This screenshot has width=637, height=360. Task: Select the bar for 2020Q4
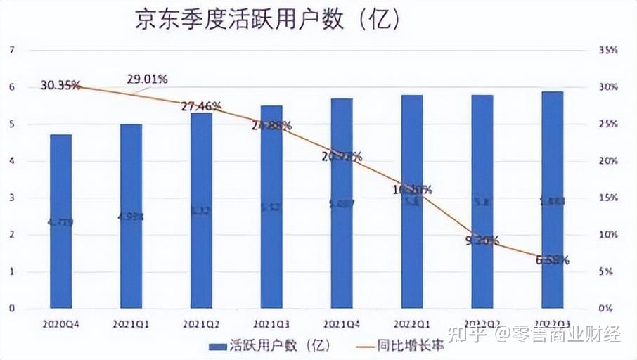click(x=61, y=221)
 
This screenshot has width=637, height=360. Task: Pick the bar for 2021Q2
click(x=201, y=211)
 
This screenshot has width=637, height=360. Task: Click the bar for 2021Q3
click(x=271, y=207)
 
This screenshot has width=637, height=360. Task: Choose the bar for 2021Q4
click(x=342, y=204)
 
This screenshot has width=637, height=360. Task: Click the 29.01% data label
click(x=147, y=79)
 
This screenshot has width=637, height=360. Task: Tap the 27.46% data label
click(x=201, y=106)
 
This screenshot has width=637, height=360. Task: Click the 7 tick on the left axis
click(x=11, y=51)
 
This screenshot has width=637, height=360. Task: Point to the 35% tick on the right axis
click(x=607, y=51)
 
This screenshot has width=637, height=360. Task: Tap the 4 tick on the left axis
click(x=11, y=161)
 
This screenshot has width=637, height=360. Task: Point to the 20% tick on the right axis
click(x=607, y=161)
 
